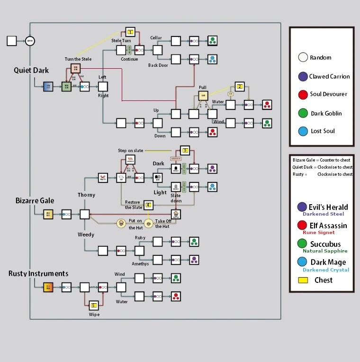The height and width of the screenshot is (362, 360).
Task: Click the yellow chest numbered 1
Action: click(130, 32)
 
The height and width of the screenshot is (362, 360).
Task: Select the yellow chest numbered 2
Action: click(240, 86)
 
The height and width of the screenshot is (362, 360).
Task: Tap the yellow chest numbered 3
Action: click(185, 150)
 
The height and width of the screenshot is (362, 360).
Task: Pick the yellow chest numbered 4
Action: click(148, 205)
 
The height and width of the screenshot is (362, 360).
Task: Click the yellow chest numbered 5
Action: click(94, 306)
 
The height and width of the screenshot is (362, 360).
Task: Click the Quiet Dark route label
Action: click(31, 71)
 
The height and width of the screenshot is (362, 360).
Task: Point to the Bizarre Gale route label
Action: click(35, 200)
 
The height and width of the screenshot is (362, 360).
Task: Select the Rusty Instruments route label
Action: click(38, 273)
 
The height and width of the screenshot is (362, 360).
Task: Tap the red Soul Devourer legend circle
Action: click(303, 94)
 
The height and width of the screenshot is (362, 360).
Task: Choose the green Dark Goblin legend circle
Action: click(303, 113)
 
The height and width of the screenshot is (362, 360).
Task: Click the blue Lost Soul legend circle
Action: click(303, 131)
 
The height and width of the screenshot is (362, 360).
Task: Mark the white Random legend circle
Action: click(303, 58)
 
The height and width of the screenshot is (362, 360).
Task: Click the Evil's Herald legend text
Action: click(328, 207)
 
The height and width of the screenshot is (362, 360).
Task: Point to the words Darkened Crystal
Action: click(326, 270)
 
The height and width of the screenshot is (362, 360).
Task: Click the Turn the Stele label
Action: click(78, 59)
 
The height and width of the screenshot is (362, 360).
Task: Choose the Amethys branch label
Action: click(140, 264)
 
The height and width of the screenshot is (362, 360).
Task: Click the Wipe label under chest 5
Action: click(94, 315)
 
